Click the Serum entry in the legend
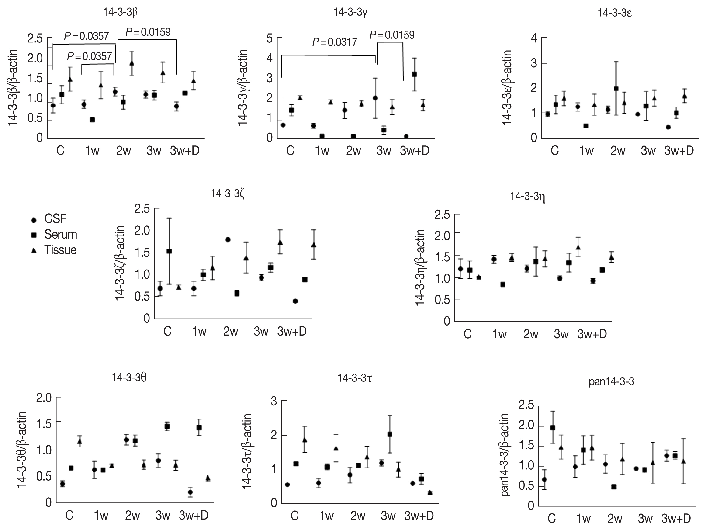point(60,235)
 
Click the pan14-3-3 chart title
point(611,382)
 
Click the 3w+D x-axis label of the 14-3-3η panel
point(592,334)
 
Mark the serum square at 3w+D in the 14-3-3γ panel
point(415,74)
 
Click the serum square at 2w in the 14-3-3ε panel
point(616,88)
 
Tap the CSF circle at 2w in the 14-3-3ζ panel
point(228,240)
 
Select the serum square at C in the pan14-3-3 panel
point(553,427)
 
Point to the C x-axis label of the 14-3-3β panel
point(60,151)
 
